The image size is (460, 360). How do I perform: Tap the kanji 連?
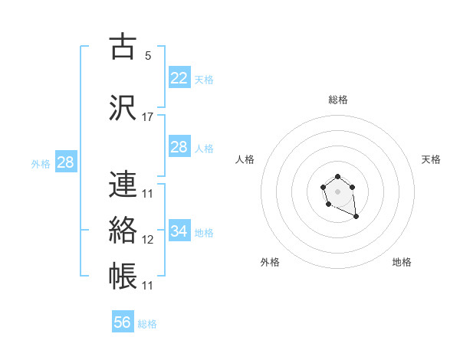[123, 184]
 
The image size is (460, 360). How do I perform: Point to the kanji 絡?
[123, 231]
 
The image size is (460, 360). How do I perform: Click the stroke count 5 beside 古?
[147, 55]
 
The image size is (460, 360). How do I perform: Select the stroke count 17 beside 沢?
[148, 117]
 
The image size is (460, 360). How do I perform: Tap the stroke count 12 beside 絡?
[148, 240]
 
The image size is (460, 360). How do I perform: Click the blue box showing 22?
[179, 78]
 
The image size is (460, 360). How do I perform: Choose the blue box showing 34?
[179, 231]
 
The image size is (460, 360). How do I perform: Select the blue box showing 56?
[123, 322]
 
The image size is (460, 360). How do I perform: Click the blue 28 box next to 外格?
[65, 162]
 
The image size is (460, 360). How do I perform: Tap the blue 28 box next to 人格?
[179, 147]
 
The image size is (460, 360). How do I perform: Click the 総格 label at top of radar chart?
[338, 100]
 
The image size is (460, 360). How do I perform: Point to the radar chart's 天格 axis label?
[431, 159]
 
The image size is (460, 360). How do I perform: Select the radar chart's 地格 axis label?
[402, 262]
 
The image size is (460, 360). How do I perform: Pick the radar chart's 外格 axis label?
[270, 262]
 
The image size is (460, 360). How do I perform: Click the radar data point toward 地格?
[356, 218]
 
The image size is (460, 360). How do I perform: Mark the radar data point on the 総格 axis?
[337, 177]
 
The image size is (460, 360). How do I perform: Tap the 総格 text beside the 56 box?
[147, 324]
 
